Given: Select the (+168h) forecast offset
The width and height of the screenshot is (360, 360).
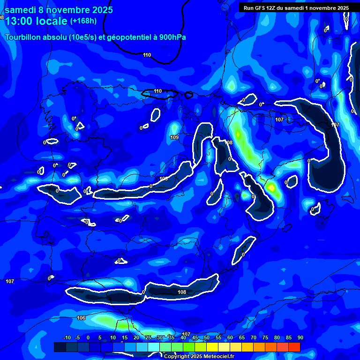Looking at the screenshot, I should (83, 21).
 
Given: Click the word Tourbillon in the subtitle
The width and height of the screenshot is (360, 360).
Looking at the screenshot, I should (23, 37).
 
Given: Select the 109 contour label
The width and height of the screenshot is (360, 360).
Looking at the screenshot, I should (174, 137).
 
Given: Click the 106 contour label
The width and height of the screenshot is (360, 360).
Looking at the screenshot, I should (81, 318).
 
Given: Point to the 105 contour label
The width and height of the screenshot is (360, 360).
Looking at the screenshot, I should (164, 179).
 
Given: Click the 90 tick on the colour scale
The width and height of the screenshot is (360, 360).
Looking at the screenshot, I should (300, 338).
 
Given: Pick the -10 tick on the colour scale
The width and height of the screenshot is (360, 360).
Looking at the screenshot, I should (67, 338).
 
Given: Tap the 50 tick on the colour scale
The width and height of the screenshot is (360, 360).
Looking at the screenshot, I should (206, 338).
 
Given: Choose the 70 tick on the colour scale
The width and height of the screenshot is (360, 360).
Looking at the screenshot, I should (253, 338).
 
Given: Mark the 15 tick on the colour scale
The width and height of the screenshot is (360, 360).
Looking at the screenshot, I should (125, 338).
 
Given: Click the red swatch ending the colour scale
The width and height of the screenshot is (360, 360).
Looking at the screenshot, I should (294, 347).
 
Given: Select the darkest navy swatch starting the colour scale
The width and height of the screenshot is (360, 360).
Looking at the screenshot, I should (60, 347).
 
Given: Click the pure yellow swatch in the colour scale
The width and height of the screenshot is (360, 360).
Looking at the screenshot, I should (212, 347).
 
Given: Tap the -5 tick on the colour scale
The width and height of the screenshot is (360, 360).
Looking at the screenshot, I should (77, 338).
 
